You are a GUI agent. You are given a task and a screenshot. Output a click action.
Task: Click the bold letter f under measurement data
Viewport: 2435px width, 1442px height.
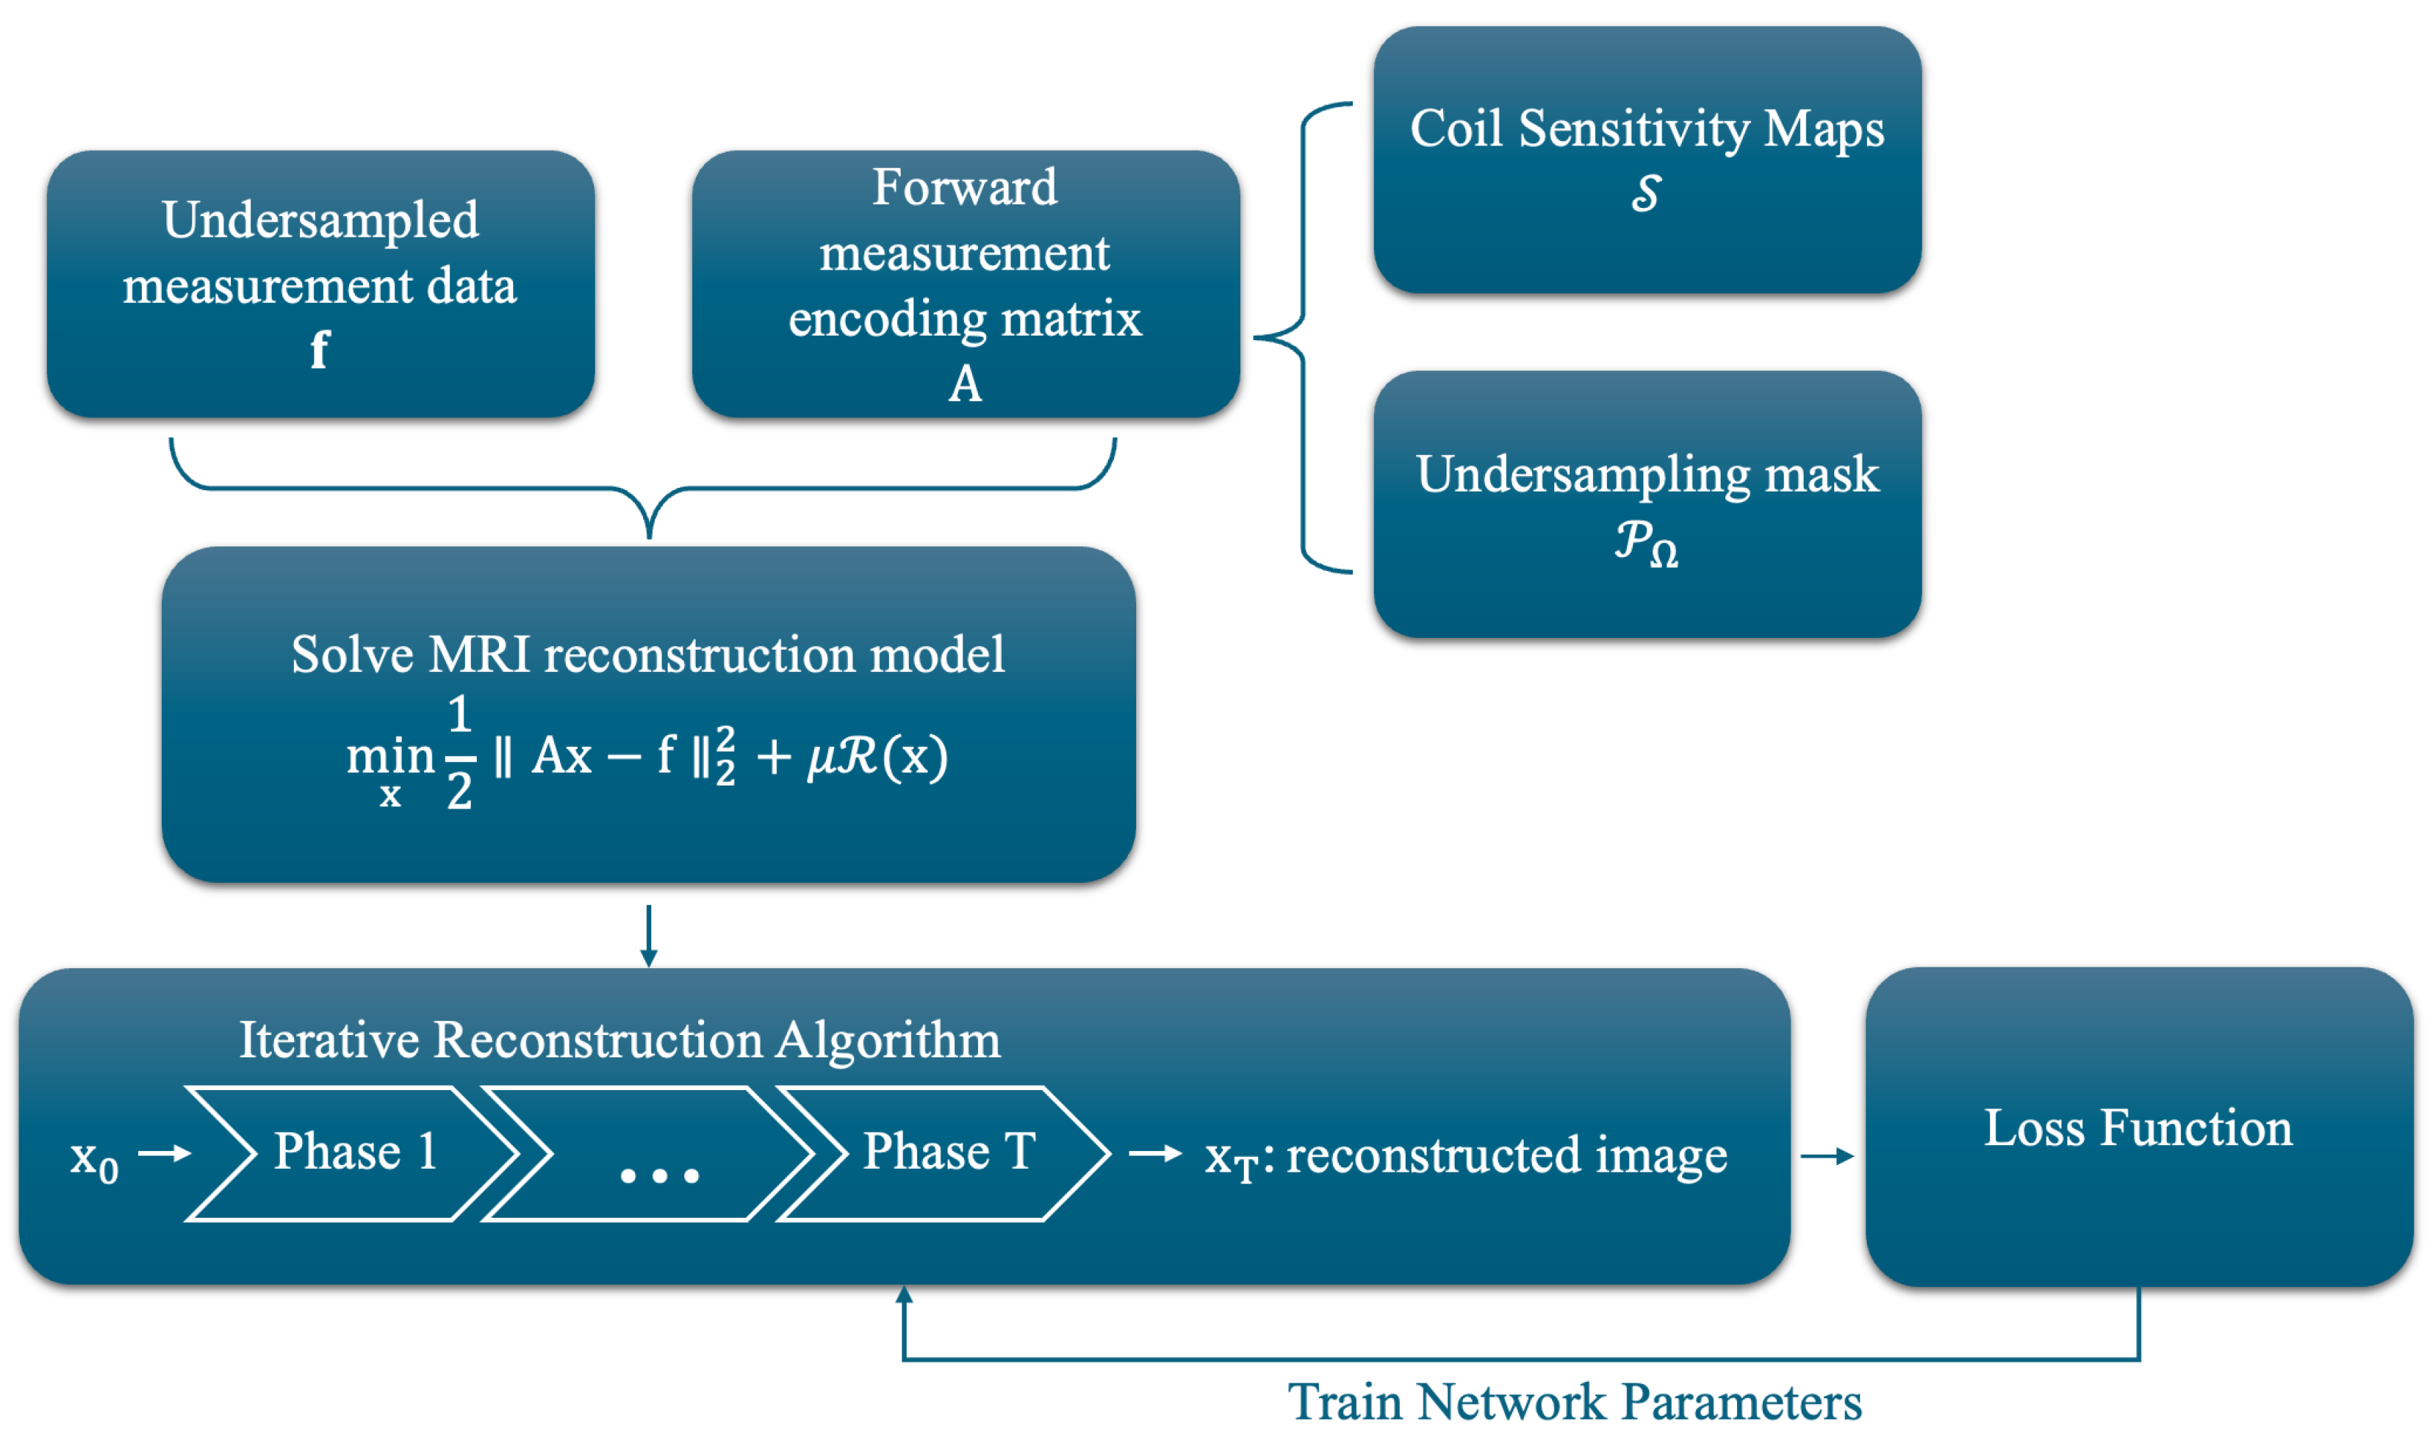(x=319, y=350)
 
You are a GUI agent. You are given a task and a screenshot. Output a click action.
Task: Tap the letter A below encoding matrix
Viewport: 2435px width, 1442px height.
(x=965, y=384)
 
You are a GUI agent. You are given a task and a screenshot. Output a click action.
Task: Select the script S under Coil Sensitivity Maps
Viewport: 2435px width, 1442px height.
(x=1646, y=192)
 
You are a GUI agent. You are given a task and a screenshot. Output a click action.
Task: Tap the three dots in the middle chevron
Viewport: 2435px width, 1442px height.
(x=659, y=1175)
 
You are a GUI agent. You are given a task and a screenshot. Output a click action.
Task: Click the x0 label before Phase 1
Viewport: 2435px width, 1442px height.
(x=94, y=1158)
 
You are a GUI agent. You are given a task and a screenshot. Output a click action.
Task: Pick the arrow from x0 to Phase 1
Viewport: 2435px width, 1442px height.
(x=164, y=1153)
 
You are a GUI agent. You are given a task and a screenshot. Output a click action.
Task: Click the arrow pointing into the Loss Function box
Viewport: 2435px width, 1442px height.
(x=1827, y=1156)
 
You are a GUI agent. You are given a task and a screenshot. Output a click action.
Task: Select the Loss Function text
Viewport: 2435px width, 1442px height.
(x=2138, y=1128)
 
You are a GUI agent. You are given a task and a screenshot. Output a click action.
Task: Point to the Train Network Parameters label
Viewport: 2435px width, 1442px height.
(x=1574, y=1402)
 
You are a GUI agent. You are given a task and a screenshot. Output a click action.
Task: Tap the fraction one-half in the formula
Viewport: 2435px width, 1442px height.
(x=460, y=754)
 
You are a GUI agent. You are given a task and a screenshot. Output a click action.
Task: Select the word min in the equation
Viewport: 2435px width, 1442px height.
(x=391, y=756)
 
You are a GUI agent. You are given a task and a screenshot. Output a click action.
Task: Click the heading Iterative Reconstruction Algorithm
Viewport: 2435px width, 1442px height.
(x=620, y=1041)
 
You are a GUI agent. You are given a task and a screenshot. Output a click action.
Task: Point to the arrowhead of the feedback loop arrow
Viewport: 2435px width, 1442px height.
(x=904, y=1294)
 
